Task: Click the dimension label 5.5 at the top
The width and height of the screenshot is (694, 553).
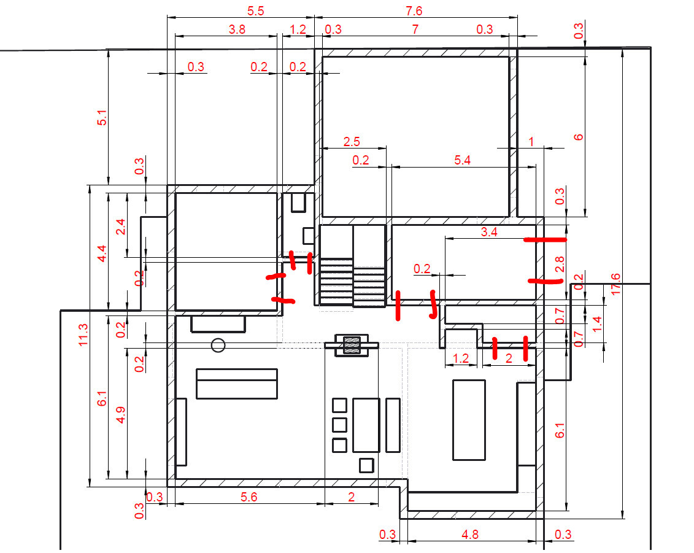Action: click(x=255, y=11)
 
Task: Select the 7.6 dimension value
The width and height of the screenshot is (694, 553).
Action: click(x=414, y=11)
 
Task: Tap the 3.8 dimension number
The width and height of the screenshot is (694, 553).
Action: click(x=237, y=29)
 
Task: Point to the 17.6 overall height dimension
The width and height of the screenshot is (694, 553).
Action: click(x=615, y=284)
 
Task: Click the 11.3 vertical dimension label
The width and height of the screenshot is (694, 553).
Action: click(x=83, y=335)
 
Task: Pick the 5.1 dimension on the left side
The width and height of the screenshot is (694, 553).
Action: click(x=102, y=118)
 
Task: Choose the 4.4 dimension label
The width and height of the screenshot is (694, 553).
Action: click(x=102, y=253)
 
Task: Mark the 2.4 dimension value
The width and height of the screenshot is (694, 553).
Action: click(x=120, y=227)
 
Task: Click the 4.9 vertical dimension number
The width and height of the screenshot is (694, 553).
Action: click(x=120, y=416)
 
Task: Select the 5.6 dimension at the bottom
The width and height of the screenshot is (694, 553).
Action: click(x=249, y=497)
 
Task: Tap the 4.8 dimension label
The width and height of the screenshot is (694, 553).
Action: click(x=470, y=535)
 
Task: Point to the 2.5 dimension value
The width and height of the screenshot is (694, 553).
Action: click(x=352, y=142)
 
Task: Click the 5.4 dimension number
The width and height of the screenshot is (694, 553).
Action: click(x=462, y=160)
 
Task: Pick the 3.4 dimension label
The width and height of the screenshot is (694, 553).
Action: click(x=489, y=232)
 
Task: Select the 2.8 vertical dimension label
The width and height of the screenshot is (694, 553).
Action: click(x=560, y=265)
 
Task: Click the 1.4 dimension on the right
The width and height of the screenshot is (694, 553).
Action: click(x=597, y=324)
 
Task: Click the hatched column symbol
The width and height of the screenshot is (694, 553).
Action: click(x=352, y=345)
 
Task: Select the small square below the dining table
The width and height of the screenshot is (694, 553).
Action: click(x=366, y=466)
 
